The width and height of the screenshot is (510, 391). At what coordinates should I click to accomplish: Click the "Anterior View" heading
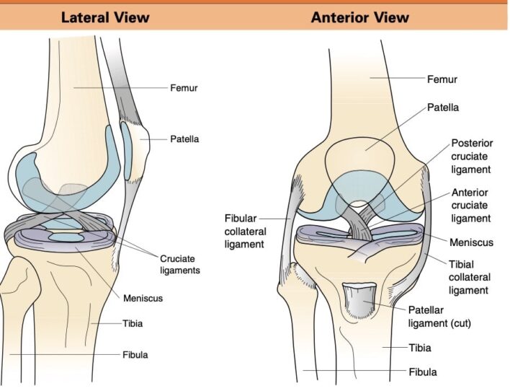tap(359, 17)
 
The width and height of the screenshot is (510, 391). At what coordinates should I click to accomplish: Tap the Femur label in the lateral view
tap(184, 89)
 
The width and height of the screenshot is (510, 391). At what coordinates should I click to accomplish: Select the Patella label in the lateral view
tap(185, 138)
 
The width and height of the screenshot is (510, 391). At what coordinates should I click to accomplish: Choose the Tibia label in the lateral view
tap(132, 324)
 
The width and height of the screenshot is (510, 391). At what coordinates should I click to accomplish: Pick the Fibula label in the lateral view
tap(135, 355)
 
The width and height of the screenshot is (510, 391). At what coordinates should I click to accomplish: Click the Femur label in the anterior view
tap(442, 79)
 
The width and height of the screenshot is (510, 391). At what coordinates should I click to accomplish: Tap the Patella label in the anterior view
tap(443, 107)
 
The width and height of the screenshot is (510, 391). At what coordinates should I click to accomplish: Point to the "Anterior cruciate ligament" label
tap(470, 205)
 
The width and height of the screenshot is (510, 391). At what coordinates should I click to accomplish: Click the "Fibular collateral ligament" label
tap(246, 231)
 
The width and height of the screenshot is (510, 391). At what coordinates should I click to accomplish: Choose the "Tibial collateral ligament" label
tap(470, 277)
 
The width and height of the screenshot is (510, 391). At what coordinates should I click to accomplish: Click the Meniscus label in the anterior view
tap(470, 243)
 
